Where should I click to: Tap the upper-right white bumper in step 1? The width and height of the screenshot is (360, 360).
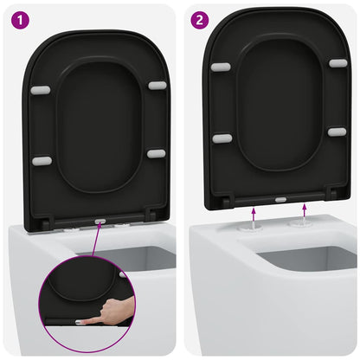pos(157,85)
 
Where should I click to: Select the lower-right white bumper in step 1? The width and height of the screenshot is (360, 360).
pos(156,153)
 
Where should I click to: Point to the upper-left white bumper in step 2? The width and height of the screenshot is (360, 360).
pos(222,66)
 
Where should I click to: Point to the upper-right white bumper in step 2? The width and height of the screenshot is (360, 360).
pos(337,62)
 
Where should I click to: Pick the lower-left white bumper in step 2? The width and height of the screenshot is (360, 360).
pos(223,138)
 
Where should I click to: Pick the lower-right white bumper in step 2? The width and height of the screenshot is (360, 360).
pos(337,132)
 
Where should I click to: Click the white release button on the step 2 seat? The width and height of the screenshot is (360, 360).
pos(280,198)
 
